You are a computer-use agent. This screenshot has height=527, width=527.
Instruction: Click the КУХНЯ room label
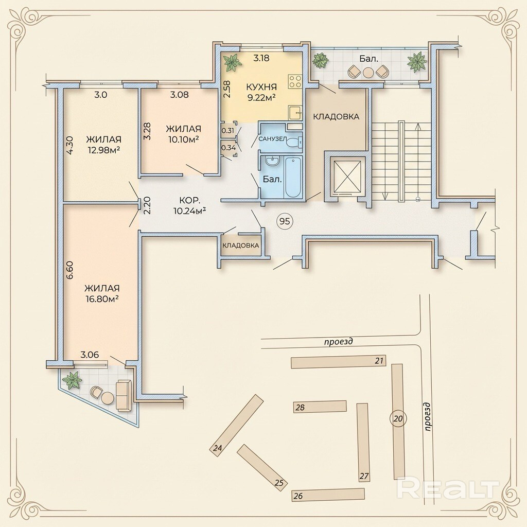click(261, 87)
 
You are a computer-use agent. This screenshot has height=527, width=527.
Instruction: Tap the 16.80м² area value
click(103, 299)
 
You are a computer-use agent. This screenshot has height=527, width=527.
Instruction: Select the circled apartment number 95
click(285, 221)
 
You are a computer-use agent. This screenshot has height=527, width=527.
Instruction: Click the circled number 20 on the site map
click(398, 419)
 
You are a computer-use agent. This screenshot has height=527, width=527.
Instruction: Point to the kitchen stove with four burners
click(295, 81)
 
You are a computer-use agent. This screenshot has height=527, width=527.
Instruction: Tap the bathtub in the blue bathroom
click(293, 177)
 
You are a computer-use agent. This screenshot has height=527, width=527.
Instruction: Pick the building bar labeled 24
click(237, 425)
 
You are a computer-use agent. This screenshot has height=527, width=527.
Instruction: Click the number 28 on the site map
click(300, 408)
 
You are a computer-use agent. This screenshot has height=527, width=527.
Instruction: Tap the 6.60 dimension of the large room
click(70, 271)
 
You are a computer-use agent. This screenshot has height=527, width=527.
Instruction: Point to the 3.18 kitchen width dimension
click(261, 58)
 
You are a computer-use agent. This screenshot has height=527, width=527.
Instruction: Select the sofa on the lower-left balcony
click(124, 395)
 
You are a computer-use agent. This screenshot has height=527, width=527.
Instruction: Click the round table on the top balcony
click(368, 73)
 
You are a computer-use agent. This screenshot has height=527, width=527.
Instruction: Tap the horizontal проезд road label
click(339, 342)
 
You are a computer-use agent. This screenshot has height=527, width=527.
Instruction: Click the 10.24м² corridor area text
click(189, 210)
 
